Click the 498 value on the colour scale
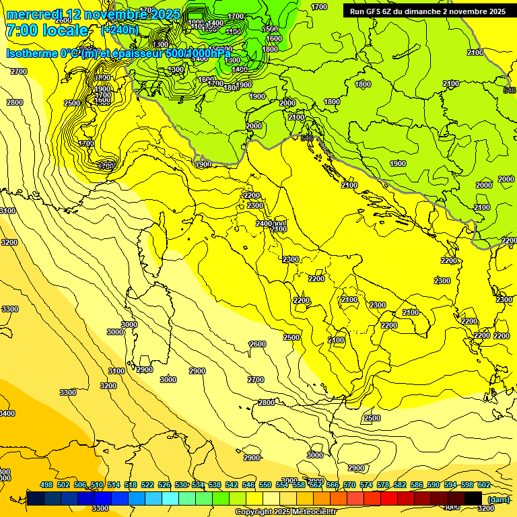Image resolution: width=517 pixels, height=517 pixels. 46,485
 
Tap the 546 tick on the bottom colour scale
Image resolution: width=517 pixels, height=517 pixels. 248,485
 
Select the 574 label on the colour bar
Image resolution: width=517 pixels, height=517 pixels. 366,485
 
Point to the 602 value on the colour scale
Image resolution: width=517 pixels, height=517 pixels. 484,485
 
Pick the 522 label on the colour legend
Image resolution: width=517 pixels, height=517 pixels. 147,485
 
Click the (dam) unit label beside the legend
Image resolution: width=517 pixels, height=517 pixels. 498,499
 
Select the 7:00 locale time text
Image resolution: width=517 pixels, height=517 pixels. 46,31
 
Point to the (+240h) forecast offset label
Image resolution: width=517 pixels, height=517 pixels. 120,30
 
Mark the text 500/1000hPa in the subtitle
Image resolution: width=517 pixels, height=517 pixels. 198,53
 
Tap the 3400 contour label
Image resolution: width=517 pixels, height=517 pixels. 5,413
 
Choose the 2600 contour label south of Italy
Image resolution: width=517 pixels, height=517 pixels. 257,344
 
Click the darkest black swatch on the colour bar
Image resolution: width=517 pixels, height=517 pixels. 473,498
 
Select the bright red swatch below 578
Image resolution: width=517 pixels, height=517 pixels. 389,498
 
